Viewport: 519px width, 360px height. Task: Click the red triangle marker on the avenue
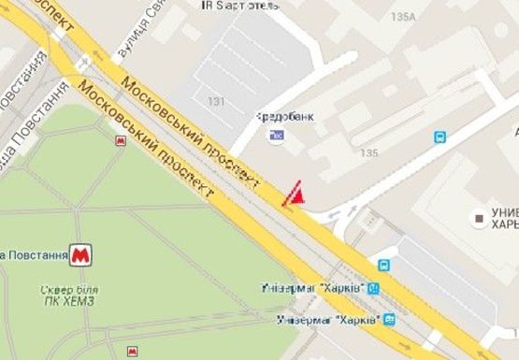click(294, 194)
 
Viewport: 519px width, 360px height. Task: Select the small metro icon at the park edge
click(120, 140)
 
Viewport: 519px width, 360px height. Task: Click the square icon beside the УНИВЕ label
click(481, 219)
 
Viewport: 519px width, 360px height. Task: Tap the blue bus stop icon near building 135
click(440, 137)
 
